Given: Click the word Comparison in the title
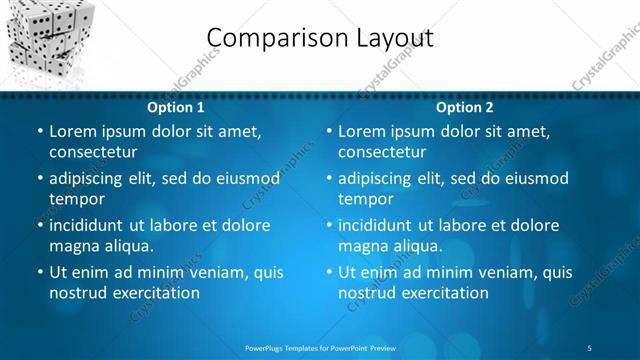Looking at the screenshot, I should tap(267, 38).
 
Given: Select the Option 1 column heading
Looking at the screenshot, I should tap(175, 107).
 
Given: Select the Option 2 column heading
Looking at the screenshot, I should tap(465, 107).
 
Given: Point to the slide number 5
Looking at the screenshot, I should tap(590, 346).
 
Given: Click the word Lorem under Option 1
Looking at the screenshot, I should tap(72, 131).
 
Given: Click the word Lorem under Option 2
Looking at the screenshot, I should tap(361, 131).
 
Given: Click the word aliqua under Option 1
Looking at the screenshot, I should tap(128, 246).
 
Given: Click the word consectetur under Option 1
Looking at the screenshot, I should tap(93, 152).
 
